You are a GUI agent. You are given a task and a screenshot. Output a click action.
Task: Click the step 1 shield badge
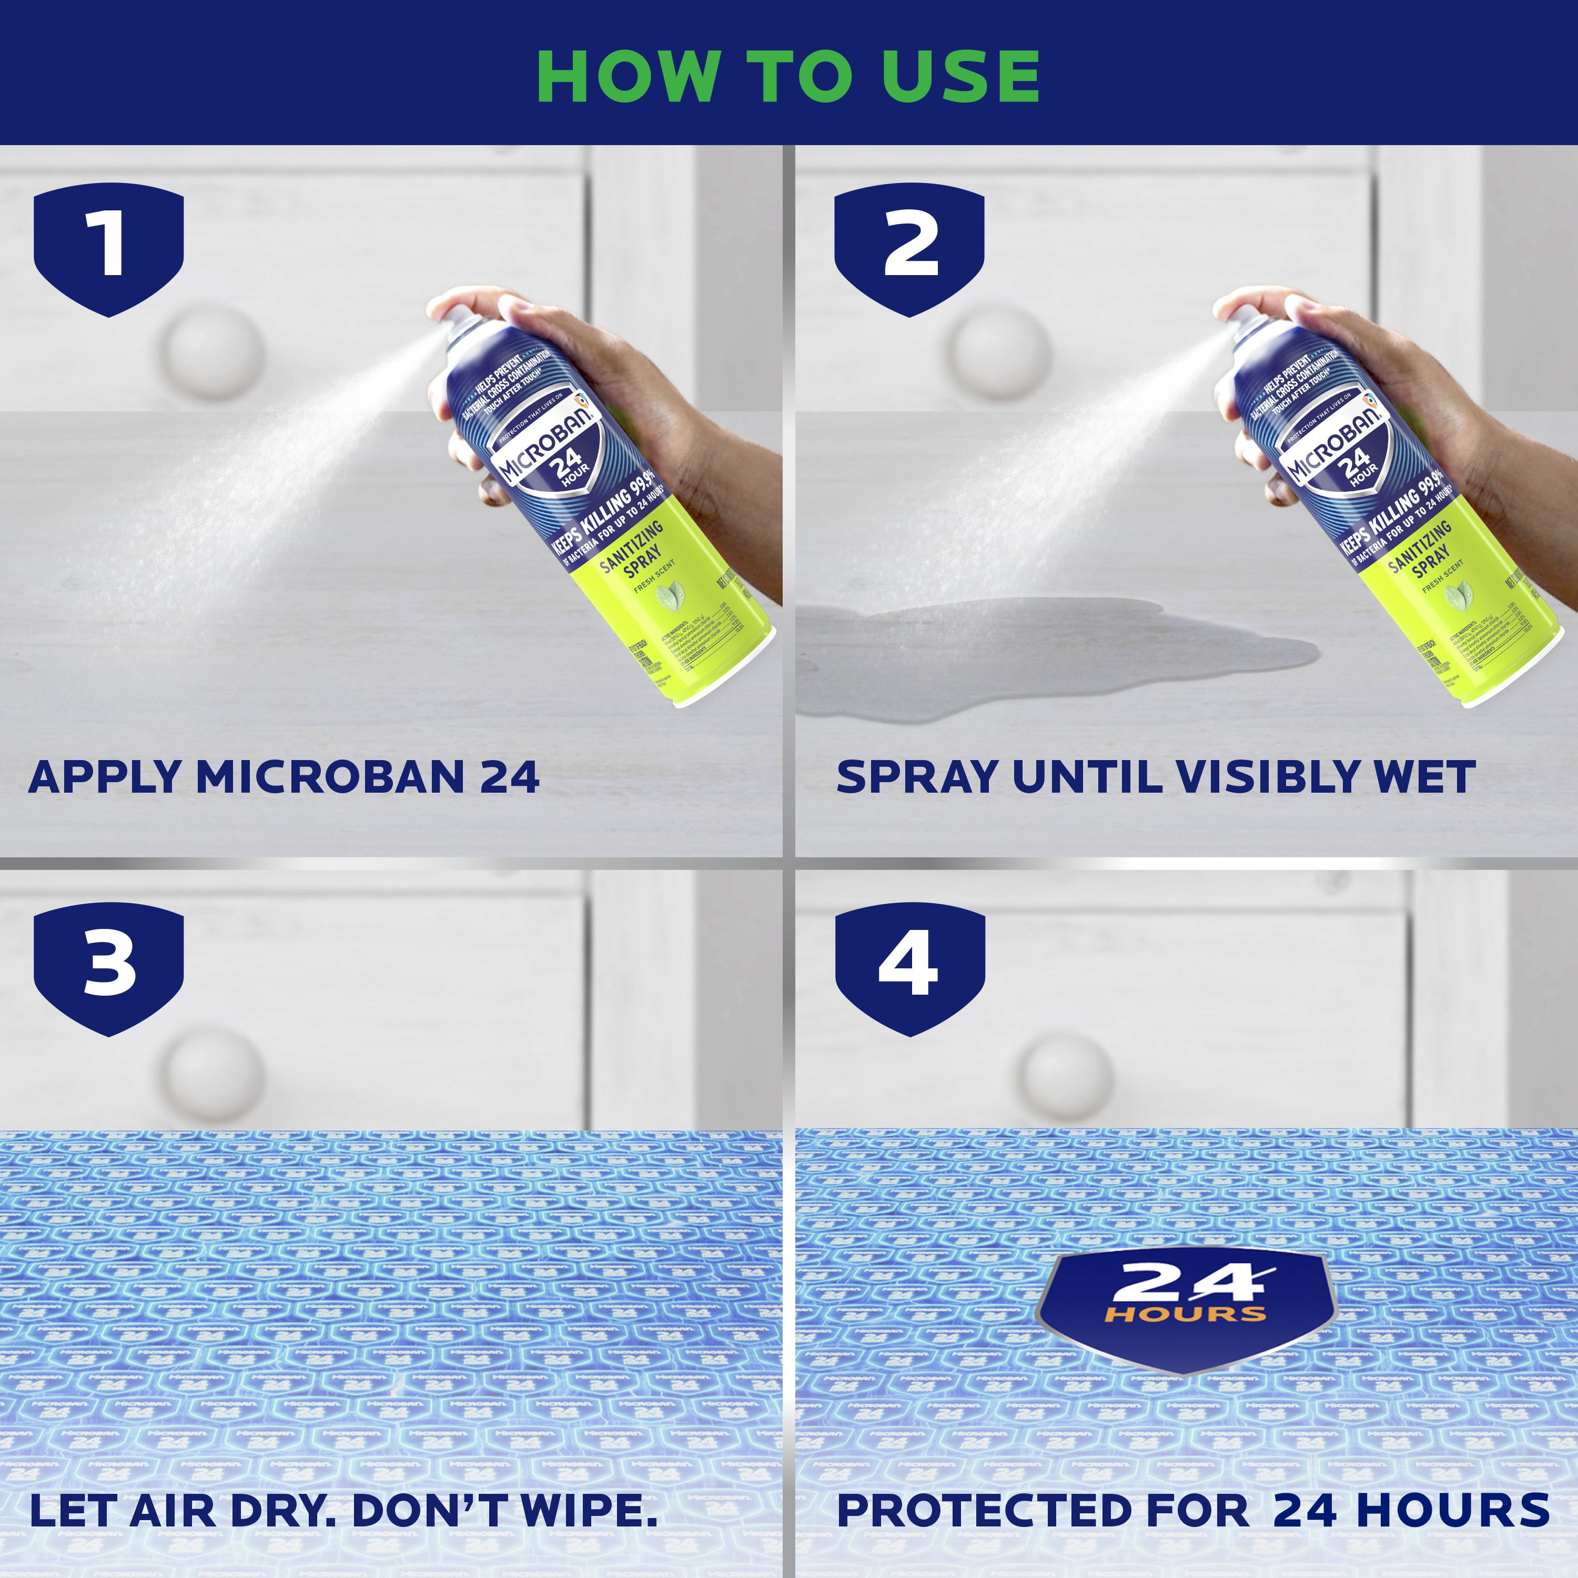[x=109, y=247]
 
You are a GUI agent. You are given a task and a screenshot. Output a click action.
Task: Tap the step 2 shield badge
[x=909, y=247]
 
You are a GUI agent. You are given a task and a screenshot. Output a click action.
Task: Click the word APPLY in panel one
[x=105, y=777]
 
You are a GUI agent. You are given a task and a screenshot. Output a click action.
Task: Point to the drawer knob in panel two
[x=1002, y=352]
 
